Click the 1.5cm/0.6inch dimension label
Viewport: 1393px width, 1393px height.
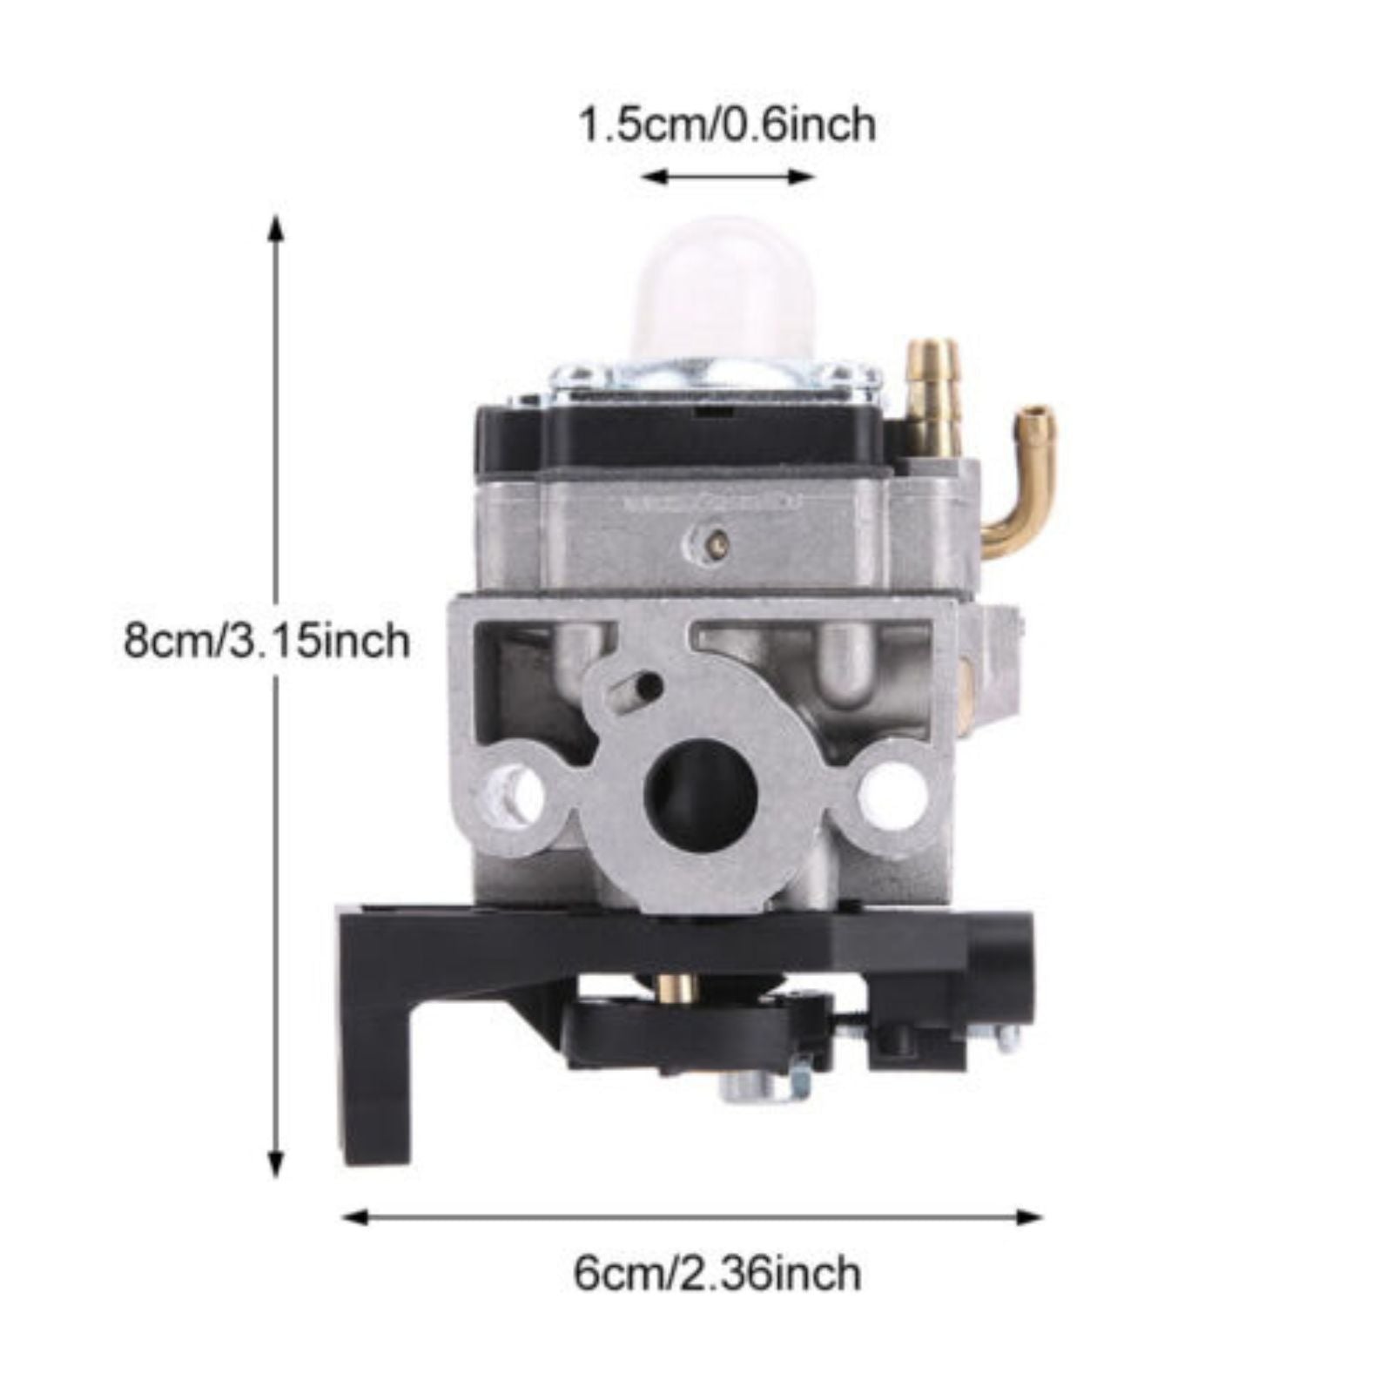click(727, 124)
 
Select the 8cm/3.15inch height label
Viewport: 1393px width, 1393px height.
click(266, 642)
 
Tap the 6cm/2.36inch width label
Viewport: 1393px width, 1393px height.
click(717, 1274)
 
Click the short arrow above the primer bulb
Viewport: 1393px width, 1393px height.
click(727, 178)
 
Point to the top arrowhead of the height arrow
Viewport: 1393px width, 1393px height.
click(276, 228)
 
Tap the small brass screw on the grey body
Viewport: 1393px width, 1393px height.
click(717, 544)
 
